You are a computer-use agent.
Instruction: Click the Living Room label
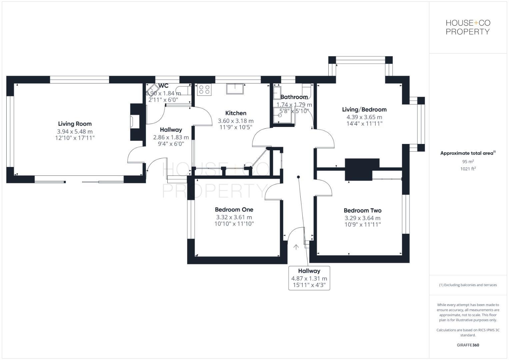(x=75, y=124)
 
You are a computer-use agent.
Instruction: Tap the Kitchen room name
(x=236, y=113)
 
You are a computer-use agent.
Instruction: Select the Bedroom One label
(x=234, y=210)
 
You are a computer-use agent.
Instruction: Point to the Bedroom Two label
(x=362, y=211)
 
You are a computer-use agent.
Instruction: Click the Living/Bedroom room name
(x=364, y=110)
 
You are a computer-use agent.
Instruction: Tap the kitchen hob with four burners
(x=204, y=90)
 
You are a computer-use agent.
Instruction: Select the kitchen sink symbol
(x=235, y=89)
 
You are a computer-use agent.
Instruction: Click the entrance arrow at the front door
(x=296, y=247)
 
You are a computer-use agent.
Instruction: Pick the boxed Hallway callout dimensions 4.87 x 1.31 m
(x=309, y=278)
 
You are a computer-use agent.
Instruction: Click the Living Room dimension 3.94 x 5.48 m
(x=75, y=132)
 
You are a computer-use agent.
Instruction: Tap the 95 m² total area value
(x=468, y=162)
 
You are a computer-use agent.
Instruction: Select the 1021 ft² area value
(x=468, y=169)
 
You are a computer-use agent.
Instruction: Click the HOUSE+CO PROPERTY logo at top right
(x=468, y=27)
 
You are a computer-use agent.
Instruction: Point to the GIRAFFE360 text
(x=468, y=345)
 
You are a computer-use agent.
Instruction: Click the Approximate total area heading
(x=467, y=153)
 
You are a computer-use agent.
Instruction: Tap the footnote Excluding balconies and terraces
(x=468, y=285)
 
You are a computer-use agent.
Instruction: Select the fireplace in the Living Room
(x=135, y=122)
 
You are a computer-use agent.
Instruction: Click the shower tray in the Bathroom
(x=283, y=115)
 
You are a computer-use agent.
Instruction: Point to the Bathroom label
(x=294, y=97)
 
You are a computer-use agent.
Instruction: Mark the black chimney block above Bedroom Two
(x=362, y=169)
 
